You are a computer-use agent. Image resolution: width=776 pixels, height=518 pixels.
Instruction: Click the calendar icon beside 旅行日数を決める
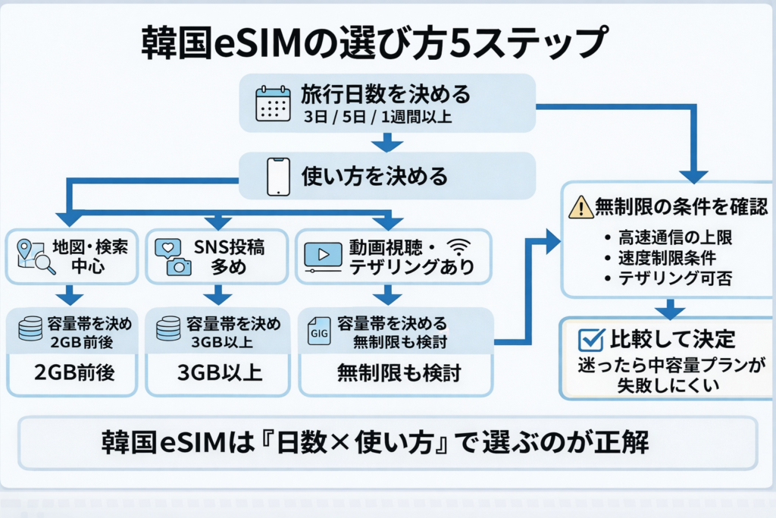coord(274,104)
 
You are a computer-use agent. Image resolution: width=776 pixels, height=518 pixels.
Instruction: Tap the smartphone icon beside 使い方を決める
coord(279,178)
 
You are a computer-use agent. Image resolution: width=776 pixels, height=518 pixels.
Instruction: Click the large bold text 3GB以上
coord(218,373)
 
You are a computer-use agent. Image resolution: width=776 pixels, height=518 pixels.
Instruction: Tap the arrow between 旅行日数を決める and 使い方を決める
coord(388,142)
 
